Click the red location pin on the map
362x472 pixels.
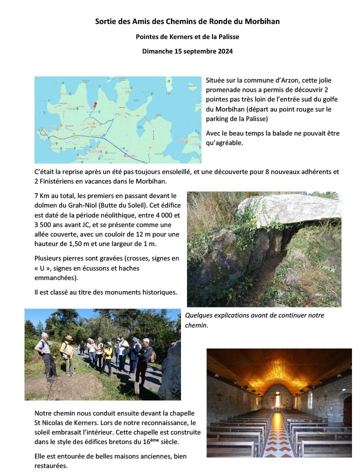tap(95, 104)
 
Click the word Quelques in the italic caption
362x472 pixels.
tap(199, 315)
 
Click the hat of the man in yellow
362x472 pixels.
tap(68, 338)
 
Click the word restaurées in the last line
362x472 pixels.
tap(50, 465)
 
